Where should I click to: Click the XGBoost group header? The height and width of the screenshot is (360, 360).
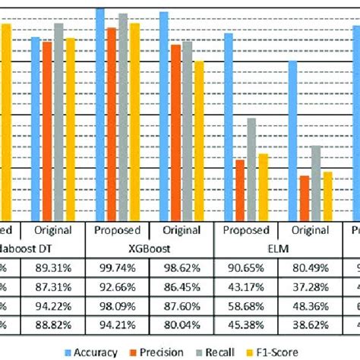click(151, 248)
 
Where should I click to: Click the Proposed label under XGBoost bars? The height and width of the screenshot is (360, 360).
click(118, 230)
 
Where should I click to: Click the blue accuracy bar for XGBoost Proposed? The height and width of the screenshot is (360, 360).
click(100, 114)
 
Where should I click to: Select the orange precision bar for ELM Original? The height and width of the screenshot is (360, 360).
click(305, 197)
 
